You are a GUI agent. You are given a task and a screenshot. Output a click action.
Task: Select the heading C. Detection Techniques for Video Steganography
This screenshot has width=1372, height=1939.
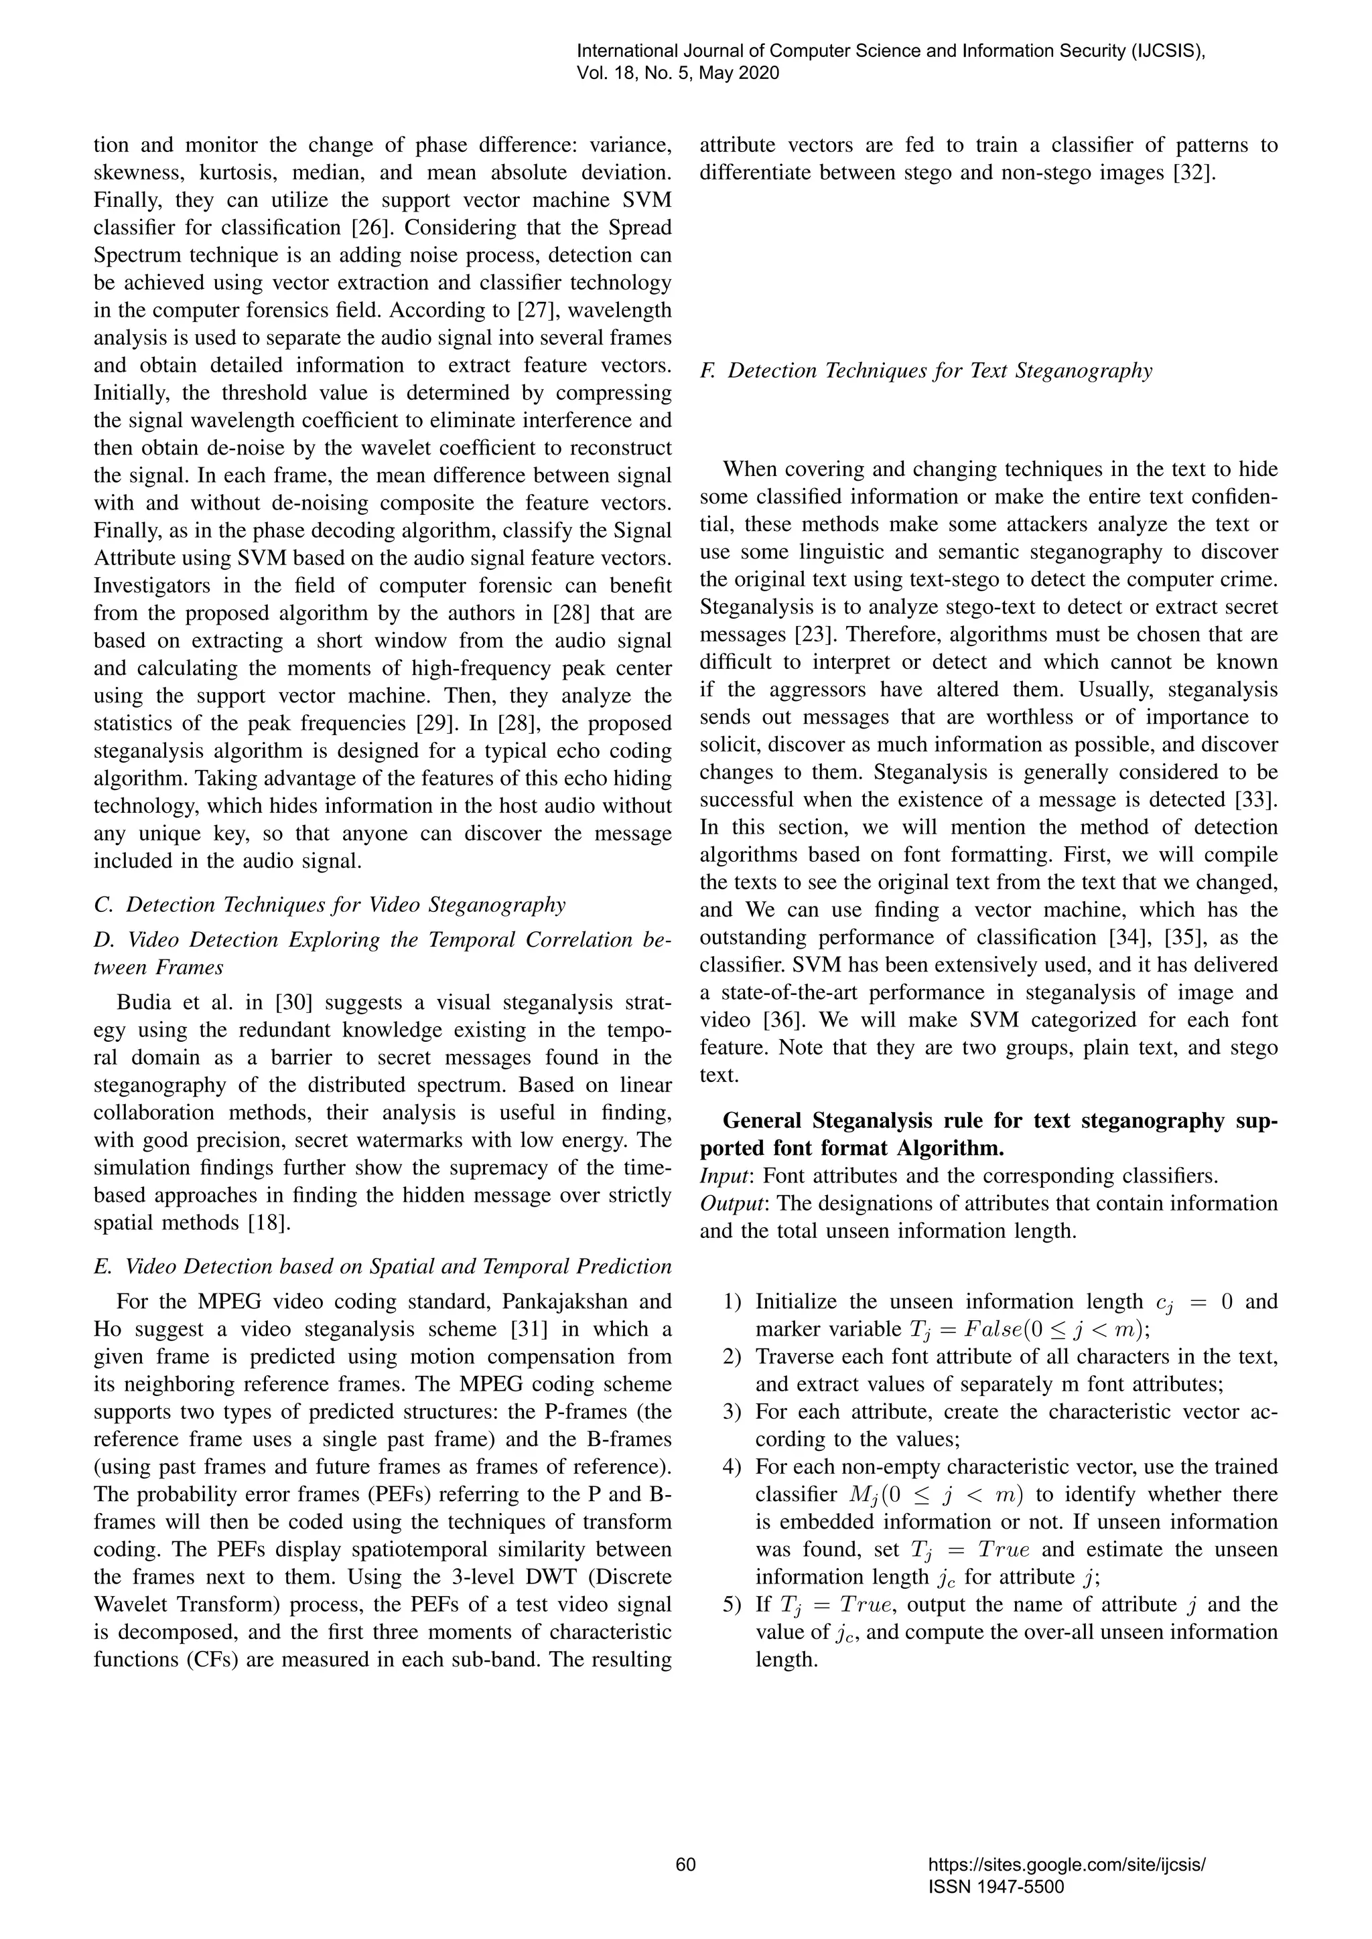tap(330, 905)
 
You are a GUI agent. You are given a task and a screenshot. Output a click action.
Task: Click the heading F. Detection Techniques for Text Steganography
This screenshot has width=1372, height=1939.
tap(926, 371)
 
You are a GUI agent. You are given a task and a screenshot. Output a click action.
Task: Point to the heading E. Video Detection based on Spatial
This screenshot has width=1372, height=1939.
tap(382, 1266)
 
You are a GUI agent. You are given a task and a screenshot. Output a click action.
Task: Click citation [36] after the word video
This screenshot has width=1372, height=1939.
tap(782, 1019)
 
